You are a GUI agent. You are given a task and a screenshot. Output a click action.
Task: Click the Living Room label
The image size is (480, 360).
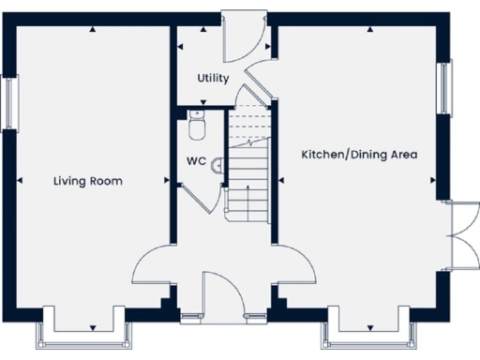[88, 181]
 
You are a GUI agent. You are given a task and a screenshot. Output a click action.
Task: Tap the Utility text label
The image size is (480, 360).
[213, 79]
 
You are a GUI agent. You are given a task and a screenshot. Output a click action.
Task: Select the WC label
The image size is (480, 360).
[195, 160]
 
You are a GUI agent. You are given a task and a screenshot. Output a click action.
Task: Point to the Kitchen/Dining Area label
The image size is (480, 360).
[359, 154]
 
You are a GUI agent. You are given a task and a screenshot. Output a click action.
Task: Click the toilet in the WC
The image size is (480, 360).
[196, 123]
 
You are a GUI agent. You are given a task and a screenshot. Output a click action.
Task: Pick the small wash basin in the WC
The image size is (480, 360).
[217, 165]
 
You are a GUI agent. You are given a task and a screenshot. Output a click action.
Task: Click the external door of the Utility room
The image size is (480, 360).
[240, 34]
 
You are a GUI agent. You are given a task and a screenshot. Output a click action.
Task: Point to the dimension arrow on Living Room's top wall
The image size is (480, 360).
[93, 29]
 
